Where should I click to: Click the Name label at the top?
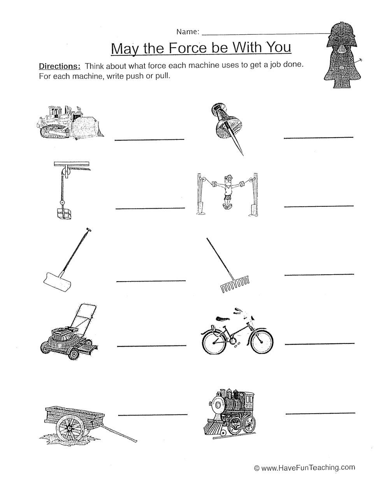[188, 32]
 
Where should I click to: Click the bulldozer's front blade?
[88, 127]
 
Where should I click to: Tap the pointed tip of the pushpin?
[243, 155]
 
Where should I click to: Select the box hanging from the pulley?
[64, 214]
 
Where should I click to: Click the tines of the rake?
[234, 285]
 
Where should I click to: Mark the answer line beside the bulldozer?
[149, 140]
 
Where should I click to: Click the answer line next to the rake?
[319, 275]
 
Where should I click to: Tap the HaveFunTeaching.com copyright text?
[304, 468]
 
